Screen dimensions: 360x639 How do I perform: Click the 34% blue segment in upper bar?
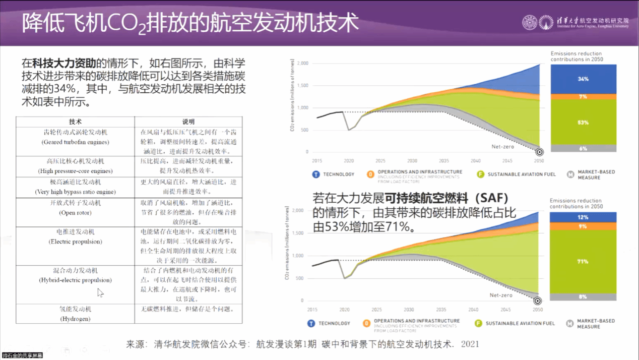point(583,79)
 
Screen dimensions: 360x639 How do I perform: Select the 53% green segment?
point(583,123)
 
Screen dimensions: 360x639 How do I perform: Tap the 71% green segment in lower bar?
point(583,262)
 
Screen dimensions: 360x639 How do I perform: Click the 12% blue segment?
point(583,217)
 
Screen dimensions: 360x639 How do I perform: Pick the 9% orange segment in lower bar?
point(583,226)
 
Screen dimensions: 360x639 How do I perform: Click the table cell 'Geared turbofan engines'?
point(76,137)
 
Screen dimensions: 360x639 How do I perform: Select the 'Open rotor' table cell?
point(76,208)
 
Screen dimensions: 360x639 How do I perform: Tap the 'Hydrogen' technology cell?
point(76,314)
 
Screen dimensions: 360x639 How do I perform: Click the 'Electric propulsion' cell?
point(76,236)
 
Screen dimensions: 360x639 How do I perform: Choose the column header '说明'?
point(188,122)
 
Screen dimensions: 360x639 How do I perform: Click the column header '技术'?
point(76,122)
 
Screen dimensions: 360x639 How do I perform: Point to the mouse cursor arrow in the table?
point(100,292)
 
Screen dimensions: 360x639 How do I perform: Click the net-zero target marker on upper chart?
point(539,152)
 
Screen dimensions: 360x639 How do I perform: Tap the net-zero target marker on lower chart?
point(538,301)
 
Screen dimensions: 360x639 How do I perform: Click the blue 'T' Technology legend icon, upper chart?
point(315,174)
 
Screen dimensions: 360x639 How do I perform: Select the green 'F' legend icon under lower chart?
point(478,323)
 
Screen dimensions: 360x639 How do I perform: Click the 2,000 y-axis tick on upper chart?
point(302,64)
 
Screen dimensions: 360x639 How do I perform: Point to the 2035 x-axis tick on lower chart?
point(440,310)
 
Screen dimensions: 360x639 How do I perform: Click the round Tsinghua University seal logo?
point(529,23)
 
